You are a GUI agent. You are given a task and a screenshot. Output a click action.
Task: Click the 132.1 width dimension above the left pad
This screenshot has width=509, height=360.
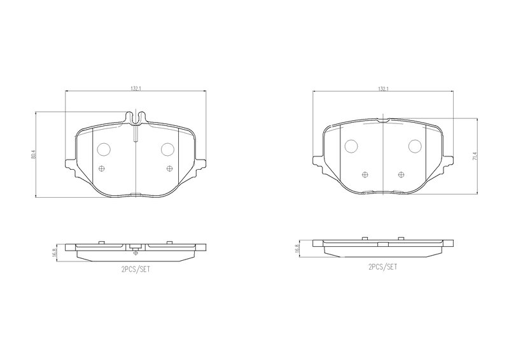(136, 88)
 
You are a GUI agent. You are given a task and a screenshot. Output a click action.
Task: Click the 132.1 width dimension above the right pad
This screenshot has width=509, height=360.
(383, 88)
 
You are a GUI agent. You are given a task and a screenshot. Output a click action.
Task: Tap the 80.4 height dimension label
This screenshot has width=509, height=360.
(33, 154)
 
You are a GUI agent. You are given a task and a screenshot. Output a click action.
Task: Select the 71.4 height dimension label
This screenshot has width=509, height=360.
(475, 156)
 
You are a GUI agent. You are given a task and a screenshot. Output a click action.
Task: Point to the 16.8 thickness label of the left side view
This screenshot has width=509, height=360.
(54, 253)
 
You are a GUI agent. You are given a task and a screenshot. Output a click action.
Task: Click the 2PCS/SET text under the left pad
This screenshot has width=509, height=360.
(136, 270)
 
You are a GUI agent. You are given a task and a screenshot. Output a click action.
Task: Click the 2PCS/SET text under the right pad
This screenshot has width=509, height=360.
(383, 267)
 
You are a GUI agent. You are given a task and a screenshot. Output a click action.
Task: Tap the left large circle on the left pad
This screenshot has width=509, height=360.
(104, 149)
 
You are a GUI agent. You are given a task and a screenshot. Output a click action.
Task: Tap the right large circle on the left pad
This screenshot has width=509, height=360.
(168, 149)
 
